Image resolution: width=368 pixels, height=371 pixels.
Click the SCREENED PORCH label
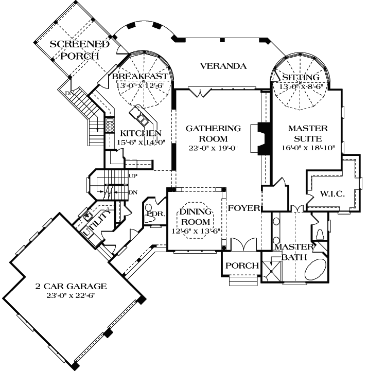[x=79, y=50]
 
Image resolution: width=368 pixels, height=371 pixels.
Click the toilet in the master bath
[x=320, y=234]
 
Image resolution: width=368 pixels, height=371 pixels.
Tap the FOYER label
[x=243, y=208]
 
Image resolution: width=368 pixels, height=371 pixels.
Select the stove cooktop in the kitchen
[x=110, y=125]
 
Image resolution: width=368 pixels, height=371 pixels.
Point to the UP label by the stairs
[x=133, y=176]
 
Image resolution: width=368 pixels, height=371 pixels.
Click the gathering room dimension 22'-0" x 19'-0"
[x=213, y=148]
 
